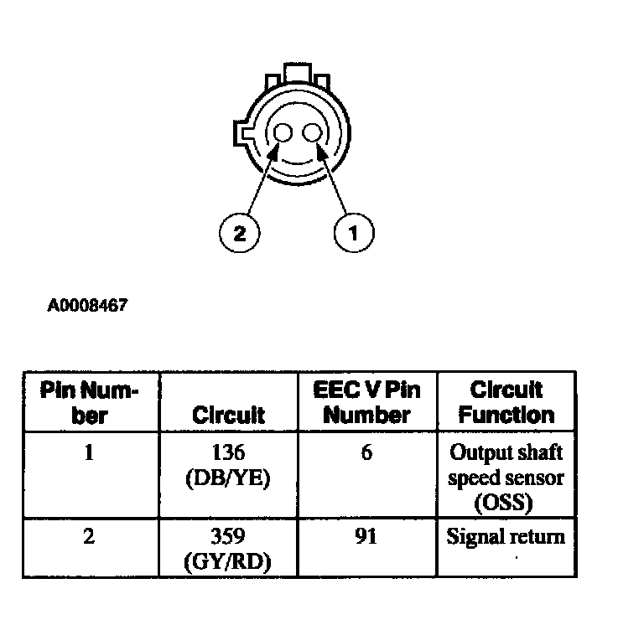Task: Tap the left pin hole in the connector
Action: tap(283, 134)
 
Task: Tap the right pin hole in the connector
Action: tap(314, 133)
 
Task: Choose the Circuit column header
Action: tap(228, 415)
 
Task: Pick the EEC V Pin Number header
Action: tap(367, 402)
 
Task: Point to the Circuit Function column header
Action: tap(506, 402)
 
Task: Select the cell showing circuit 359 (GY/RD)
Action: tap(228, 548)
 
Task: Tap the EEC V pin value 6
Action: tap(367, 453)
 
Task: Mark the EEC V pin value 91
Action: tap(367, 537)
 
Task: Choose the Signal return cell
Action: tap(506, 537)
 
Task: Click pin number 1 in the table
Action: tap(90, 453)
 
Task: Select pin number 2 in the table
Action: tap(90, 537)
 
